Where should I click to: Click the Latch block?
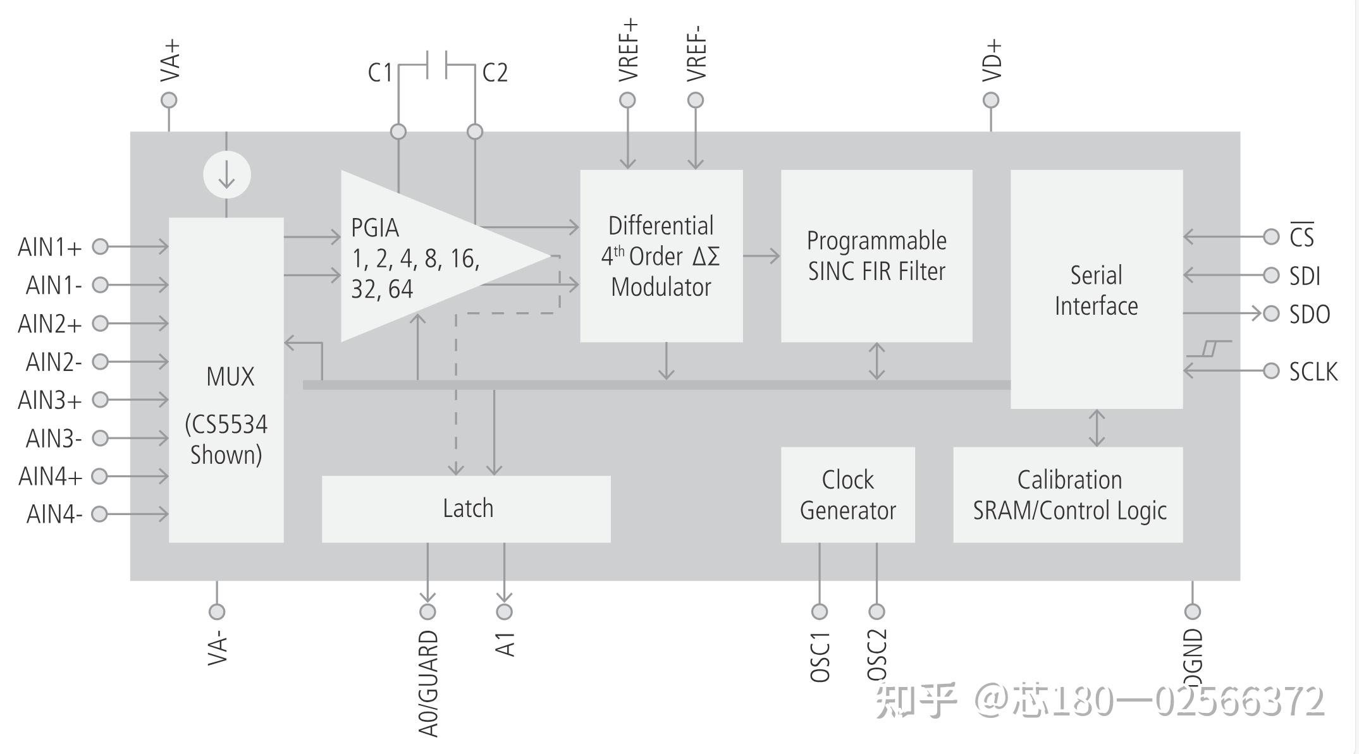click(x=466, y=509)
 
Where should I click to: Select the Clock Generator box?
click(x=847, y=495)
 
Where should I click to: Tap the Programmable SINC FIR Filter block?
click(x=876, y=256)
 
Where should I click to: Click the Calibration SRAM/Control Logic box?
click(x=1067, y=495)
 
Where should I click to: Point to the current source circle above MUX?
click(x=227, y=175)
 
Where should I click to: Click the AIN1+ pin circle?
click(x=100, y=246)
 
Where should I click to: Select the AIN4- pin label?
click(x=54, y=514)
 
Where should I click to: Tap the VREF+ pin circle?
click(x=627, y=100)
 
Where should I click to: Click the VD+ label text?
click(x=992, y=61)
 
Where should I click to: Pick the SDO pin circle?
click(x=1271, y=313)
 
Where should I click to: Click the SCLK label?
click(x=1313, y=372)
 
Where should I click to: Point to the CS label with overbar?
click(x=1301, y=236)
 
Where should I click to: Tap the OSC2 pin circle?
click(x=876, y=611)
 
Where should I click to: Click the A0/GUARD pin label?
click(x=428, y=683)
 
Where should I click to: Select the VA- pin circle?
click(x=217, y=611)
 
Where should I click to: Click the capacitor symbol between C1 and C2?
click(x=437, y=64)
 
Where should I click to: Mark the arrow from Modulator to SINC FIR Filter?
click(x=761, y=256)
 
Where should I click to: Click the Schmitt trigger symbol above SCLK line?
click(x=1209, y=348)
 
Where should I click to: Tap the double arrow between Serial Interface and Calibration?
click(x=1097, y=428)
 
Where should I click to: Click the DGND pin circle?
click(x=1193, y=611)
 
